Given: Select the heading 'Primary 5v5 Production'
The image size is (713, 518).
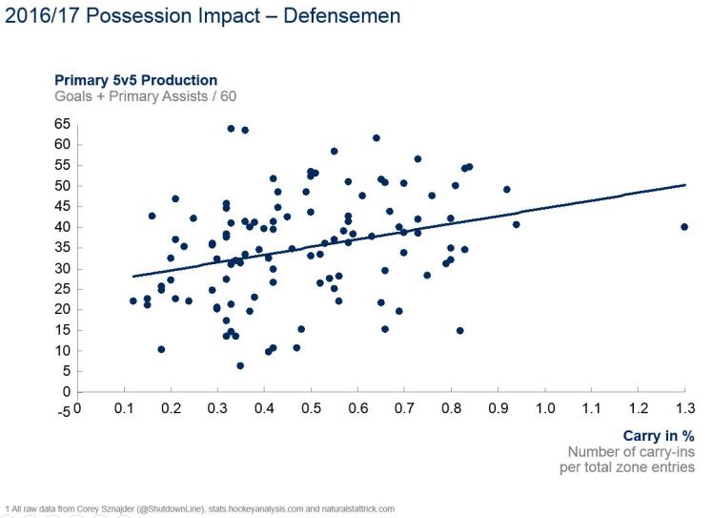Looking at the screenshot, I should [x=135, y=80].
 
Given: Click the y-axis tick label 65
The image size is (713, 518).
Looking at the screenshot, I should [x=63, y=124].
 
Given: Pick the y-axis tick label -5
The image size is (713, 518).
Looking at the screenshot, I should [x=62, y=412].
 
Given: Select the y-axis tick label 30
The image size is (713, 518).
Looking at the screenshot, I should [x=63, y=268].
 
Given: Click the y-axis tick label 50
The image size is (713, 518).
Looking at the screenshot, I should [x=63, y=186].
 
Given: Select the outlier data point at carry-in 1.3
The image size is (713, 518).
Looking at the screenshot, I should [x=684, y=227].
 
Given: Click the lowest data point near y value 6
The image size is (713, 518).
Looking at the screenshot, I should [x=240, y=365].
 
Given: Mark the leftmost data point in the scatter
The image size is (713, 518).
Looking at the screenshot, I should [x=133, y=301].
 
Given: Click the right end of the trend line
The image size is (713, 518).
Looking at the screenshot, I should [x=684, y=185].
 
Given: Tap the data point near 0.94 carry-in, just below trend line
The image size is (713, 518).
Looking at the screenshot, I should [x=517, y=225].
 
